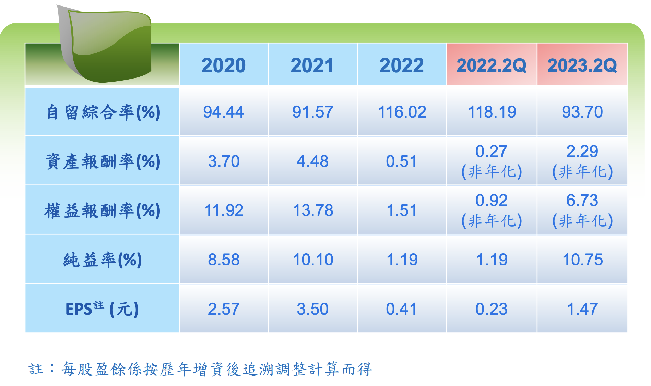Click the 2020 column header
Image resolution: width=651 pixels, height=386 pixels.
[224, 65]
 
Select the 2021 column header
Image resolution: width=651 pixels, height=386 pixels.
[312, 65]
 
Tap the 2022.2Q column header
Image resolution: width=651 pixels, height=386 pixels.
[492, 65]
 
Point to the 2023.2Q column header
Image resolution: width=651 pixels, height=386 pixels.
[582, 65]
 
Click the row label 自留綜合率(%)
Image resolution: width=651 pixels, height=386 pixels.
[103, 112]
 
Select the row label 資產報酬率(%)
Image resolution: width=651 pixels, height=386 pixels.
[103, 161]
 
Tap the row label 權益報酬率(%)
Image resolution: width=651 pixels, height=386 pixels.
[103, 210]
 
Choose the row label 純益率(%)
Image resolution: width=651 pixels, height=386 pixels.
[103, 260]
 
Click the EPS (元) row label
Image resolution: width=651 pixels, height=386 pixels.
[102, 309]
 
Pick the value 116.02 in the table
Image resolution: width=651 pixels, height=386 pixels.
[402, 112]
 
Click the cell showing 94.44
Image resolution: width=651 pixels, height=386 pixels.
[224, 112]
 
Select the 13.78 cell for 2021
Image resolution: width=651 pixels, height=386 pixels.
[313, 210]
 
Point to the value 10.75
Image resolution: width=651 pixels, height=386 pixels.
[583, 260]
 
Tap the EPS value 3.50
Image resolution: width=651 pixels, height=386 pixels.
[313, 309]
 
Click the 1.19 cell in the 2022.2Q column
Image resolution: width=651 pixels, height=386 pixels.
[492, 260]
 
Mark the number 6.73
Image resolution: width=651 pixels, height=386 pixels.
[582, 201]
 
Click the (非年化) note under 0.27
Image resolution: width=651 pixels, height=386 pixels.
[492, 172]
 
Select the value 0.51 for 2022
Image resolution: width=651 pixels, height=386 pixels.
[402, 161]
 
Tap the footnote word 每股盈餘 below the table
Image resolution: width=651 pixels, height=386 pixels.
[93, 369]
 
